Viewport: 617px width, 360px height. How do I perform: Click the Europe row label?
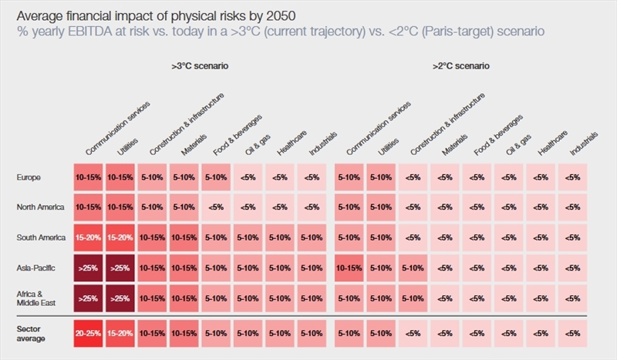click(x=29, y=177)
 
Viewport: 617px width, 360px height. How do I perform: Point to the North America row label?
click(x=39, y=207)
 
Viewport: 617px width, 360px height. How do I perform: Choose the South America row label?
click(x=39, y=237)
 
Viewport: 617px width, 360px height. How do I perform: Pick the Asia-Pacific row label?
click(x=35, y=267)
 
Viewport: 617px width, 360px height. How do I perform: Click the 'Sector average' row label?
click(x=32, y=332)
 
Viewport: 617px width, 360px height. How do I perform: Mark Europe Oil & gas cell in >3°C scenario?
click(x=248, y=177)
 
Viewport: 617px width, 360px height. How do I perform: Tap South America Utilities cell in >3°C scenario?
click(x=122, y=237)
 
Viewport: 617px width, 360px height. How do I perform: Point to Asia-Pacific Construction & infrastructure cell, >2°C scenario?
click(x=413, y=267)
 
